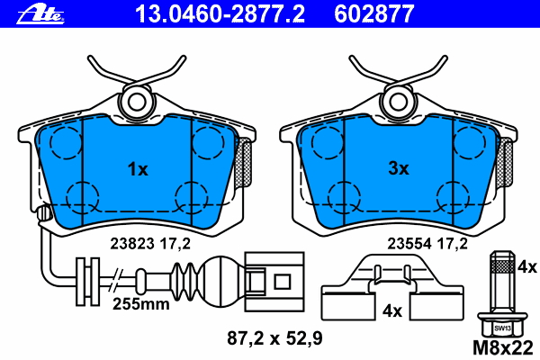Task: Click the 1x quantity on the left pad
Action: point(137,168)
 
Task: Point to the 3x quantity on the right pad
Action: point(399,168)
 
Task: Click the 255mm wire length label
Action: point(140,304)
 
